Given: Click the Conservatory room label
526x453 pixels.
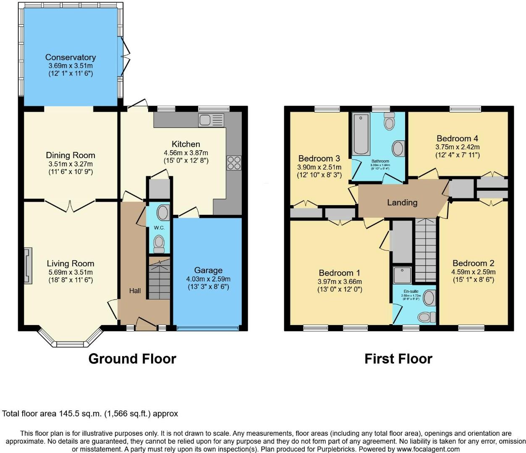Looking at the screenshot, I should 71,57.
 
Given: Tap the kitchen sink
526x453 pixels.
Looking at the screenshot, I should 211,120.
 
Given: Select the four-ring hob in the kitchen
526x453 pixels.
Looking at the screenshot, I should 234,163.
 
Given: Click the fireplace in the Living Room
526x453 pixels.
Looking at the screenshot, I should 28,266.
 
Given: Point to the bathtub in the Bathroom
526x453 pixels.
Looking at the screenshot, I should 361,134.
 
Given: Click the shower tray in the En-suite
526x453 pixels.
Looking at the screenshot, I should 403,275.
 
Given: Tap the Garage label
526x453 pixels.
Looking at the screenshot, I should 208,270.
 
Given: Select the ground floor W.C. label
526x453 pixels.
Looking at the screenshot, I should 159,228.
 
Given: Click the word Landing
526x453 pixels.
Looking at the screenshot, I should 402,203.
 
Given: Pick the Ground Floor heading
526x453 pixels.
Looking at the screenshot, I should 132,359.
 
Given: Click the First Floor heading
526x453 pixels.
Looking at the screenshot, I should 398,359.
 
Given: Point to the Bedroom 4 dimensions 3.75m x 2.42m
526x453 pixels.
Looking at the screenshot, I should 457,147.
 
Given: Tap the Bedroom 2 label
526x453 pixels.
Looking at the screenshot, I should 473,263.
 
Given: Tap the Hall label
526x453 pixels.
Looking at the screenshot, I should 135,291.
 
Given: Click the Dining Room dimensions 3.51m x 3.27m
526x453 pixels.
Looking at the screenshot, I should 70,164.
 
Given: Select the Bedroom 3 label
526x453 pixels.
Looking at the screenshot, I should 319,158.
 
